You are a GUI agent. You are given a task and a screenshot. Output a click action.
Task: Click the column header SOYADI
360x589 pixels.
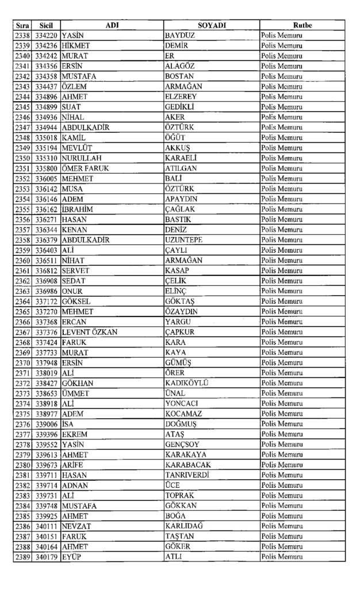pyautogui.click(x=212, y=25)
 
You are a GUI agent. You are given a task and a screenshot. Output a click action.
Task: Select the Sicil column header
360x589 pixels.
pyautogui.click(x=46, y=25)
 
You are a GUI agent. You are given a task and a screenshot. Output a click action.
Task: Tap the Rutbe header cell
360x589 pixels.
pyautogui.click(x=302, y=25)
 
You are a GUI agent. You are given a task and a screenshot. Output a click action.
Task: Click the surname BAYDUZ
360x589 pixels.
pyautogui.click(x=180, y=36)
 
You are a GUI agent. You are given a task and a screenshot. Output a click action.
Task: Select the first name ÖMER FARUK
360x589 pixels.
pyautogui.click(x=85, y=169)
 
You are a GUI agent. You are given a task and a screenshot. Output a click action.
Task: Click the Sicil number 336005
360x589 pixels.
pyautogui.click(x=46, y=179)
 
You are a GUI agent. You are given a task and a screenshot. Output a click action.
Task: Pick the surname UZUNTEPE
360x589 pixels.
pyautogui.click(x=183, y=240)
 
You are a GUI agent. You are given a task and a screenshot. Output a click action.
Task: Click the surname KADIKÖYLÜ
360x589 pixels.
pyautogui.click(x=186, y=383)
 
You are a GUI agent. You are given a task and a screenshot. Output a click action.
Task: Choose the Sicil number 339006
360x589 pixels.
pyautogui.click(x=46, y=424)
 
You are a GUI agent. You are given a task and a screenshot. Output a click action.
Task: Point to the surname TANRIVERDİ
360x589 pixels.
pyautogui.click(x=187, y=475)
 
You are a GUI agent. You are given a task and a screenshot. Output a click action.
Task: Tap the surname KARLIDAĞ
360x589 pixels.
pyautogui.click(x=184, y=526)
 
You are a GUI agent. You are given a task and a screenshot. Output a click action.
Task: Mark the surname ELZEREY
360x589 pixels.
pyautogui.click(x=181, y=97)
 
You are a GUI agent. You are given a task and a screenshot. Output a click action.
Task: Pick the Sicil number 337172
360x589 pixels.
pyautogui.click(x=46, y=301)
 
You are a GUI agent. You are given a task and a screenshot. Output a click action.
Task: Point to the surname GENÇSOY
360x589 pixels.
pyautogui.click(x=182, y=445)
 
